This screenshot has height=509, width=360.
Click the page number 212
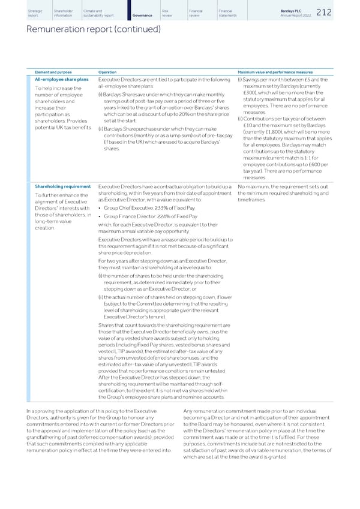pos(340,13)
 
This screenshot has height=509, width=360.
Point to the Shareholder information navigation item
pos(64,13)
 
